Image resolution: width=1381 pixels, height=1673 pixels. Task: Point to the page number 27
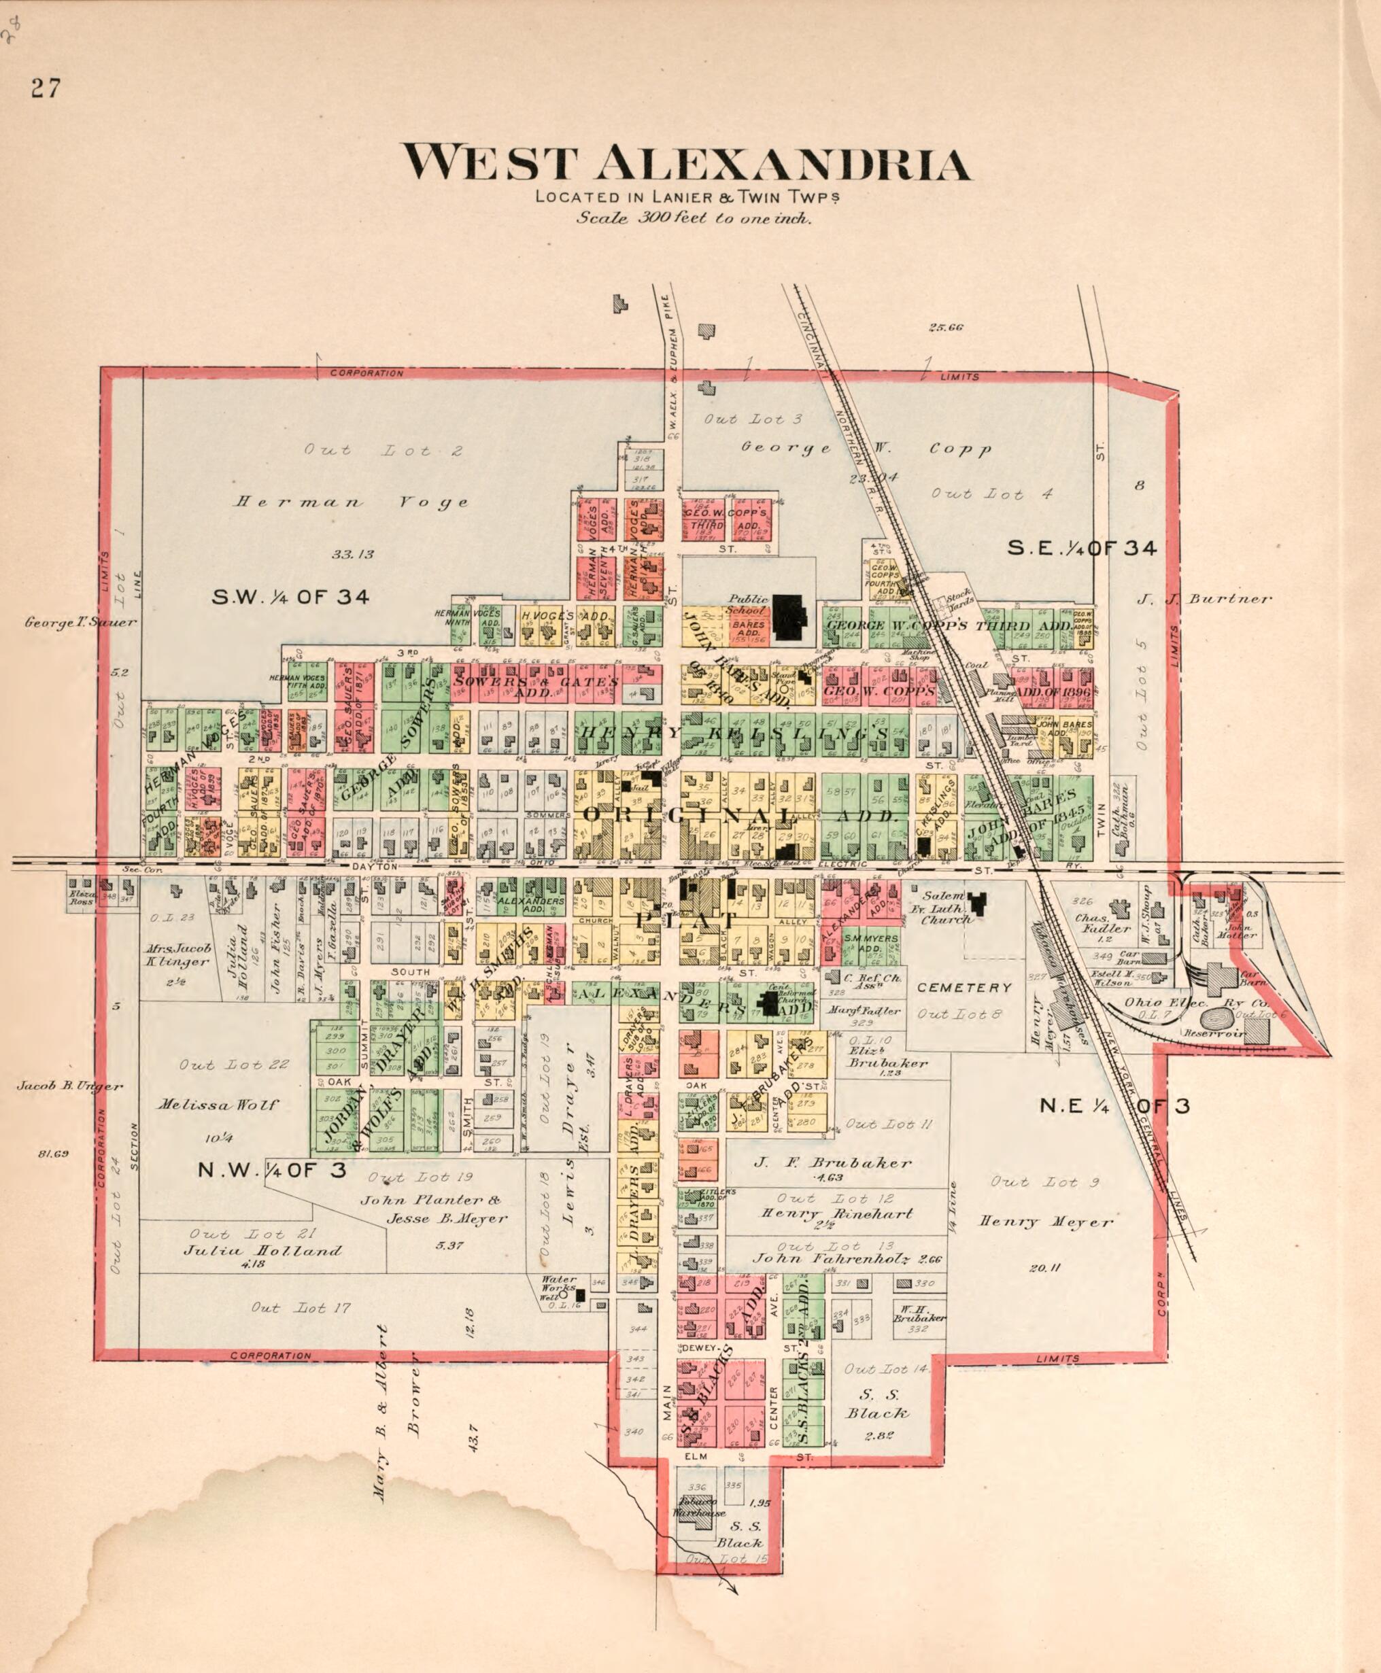tap(46, 88)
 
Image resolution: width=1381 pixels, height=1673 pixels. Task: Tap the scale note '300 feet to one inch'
tap(694, 218)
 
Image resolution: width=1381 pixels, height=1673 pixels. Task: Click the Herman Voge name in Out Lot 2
tap(351, 502)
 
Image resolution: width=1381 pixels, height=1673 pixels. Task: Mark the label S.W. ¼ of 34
tap(290, 597)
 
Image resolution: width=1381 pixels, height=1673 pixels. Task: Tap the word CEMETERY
tap(964, 988)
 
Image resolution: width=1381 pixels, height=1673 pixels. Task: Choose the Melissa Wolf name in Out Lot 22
tap(218, 1105)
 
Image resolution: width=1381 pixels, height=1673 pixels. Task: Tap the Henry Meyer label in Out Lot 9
tap(1045, 1222)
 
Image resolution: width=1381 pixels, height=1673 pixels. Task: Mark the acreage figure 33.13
tap(352, 554)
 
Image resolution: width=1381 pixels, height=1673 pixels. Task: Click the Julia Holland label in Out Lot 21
tap(262, 1251)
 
